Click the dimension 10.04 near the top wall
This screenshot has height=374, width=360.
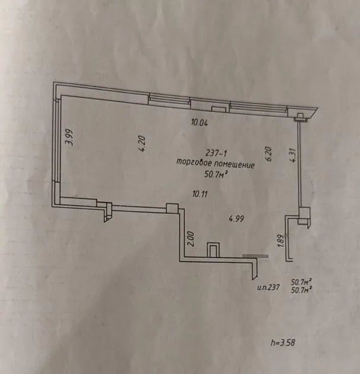(200, 123)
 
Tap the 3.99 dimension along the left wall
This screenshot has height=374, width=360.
(69, 137)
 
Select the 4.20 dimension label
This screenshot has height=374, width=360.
(142, 144)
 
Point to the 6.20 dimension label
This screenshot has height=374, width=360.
(269, 154)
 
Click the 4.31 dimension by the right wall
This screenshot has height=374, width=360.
(292, 155)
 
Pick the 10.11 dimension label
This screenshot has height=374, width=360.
(200, 194)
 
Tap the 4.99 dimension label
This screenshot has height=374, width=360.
(236, 218)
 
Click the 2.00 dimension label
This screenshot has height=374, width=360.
(191, 238)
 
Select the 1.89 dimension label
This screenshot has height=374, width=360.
(281, 241)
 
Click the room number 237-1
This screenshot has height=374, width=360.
(216, 153)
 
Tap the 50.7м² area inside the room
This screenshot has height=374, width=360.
(215, 175)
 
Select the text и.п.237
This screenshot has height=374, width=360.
(268, 287)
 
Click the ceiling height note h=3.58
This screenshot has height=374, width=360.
(283, 343)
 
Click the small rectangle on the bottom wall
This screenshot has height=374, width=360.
(213, 250)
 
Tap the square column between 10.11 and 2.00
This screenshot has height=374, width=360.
(172, 208)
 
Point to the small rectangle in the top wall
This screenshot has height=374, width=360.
(218, 109)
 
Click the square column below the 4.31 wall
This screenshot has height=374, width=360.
(304, 213)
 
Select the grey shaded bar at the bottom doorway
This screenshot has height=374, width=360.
(255, 256)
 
